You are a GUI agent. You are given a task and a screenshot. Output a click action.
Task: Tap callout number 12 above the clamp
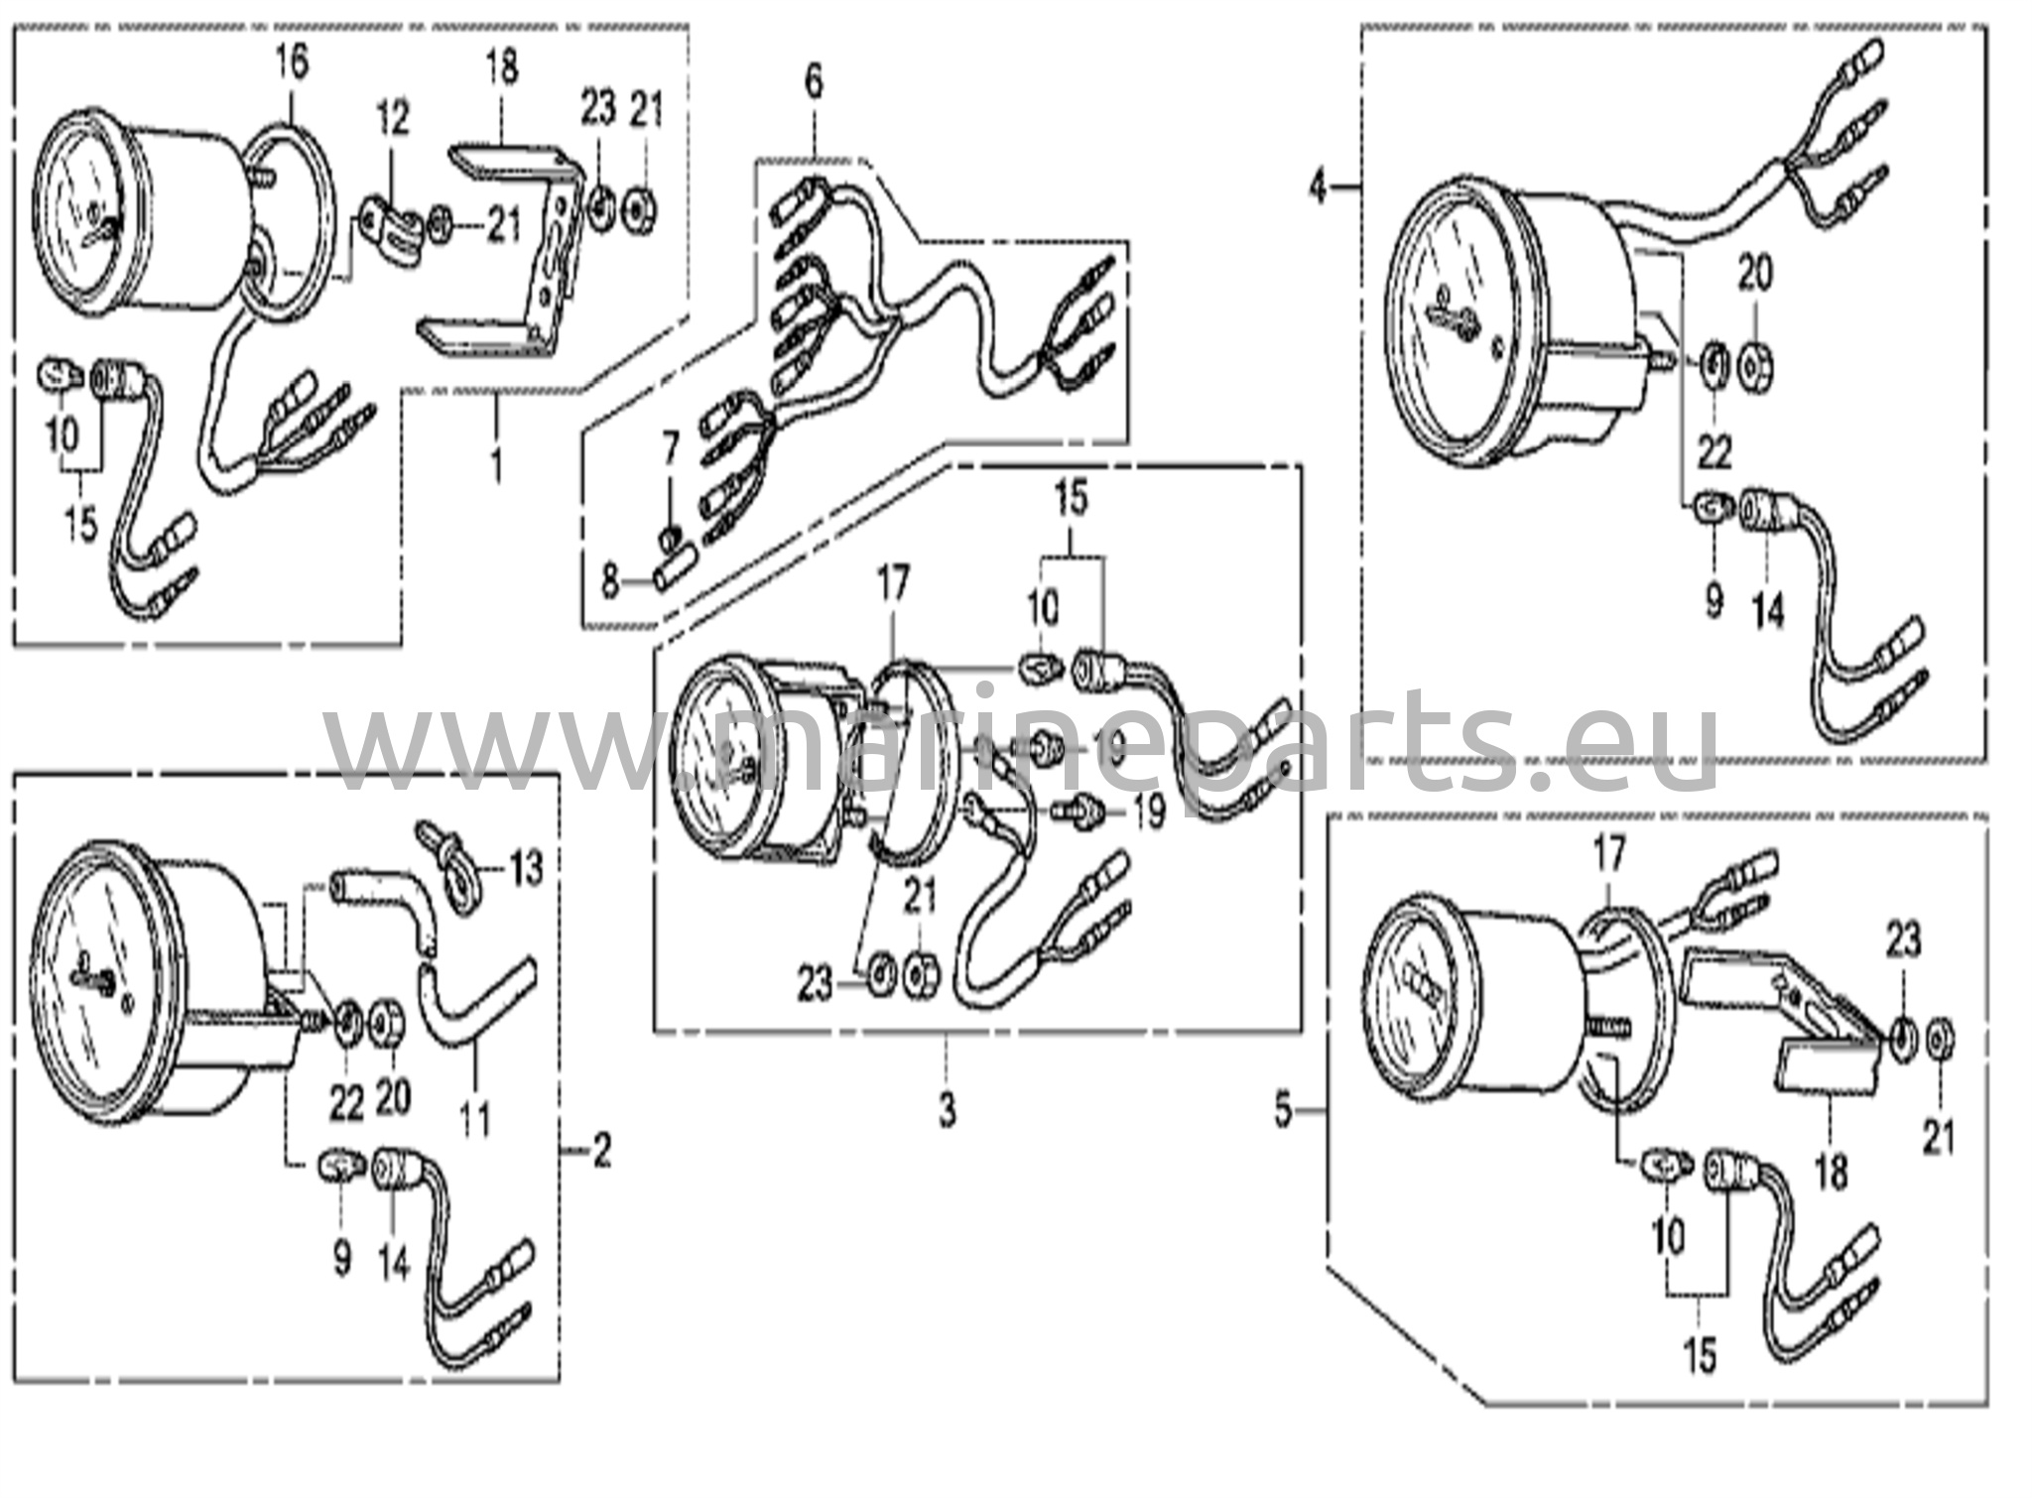[x=392, y=120]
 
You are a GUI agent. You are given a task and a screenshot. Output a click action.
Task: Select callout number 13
[x=526, y=869]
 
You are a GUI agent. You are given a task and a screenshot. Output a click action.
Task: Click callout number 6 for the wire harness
[x=814, y=82]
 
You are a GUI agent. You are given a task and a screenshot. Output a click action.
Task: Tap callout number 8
[x=610, y=580]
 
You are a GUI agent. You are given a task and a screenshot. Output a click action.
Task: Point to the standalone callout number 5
[x=1284, y=1112]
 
